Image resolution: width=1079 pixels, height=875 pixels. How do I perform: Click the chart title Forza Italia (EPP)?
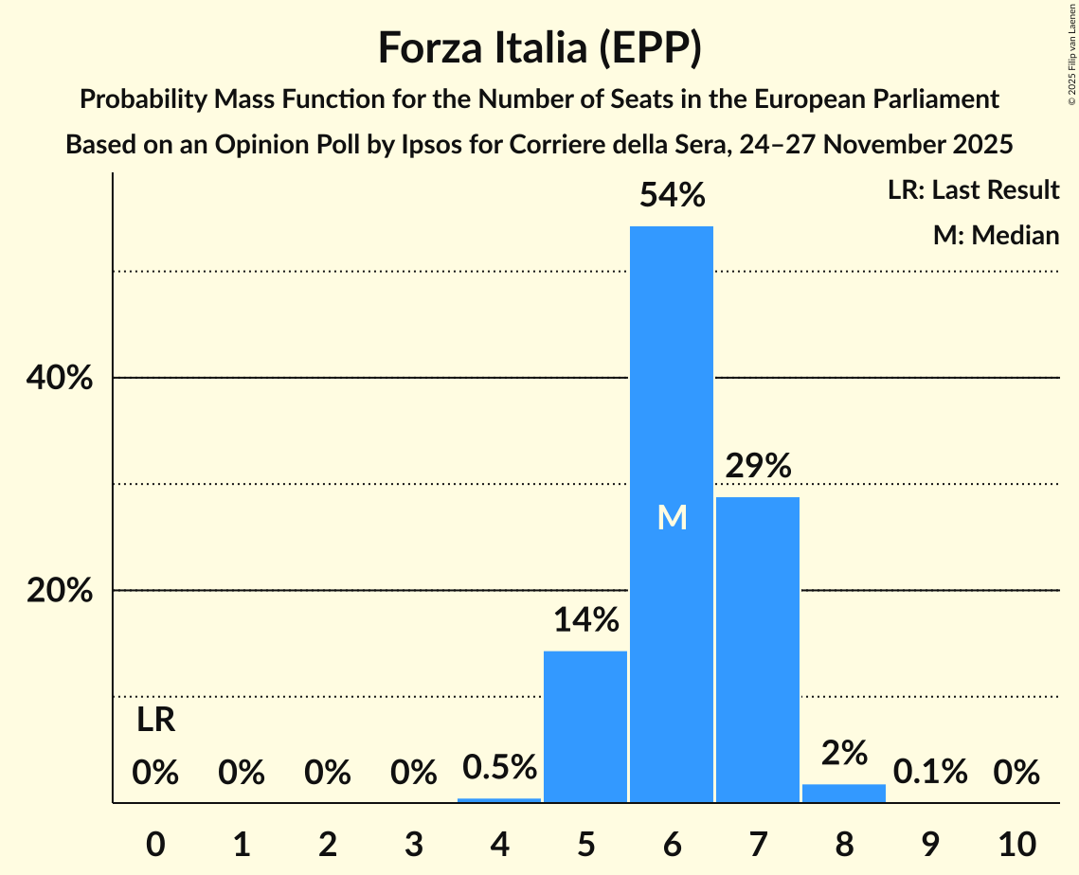pos(539,48)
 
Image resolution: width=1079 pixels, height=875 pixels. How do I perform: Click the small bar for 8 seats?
pos(844,794)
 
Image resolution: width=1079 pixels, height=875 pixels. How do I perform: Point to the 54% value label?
pos(672,196)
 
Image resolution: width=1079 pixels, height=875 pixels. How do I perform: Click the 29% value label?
pos(758,466)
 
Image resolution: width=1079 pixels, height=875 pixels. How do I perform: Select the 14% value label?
pos(585,620)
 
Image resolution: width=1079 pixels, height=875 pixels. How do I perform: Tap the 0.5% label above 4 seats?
pos(499,768)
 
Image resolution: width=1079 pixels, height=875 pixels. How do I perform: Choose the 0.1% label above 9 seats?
pos(930,773)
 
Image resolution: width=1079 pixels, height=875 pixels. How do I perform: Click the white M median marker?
pos(672,517)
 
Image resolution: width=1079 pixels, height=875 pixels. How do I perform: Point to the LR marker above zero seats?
pos(155,721)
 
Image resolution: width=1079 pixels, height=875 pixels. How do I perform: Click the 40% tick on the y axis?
pos(58,378)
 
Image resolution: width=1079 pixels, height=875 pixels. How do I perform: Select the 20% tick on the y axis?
pos(58,591)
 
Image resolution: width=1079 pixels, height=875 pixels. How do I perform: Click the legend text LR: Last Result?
pos(973,190)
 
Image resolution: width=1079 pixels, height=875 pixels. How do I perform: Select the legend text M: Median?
pos(996,235)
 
